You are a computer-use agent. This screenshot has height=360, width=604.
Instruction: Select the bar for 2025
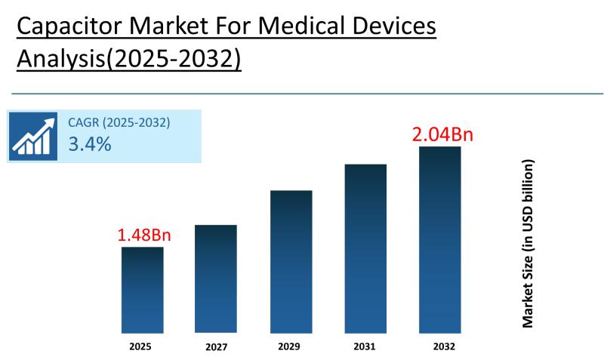click(143, 290)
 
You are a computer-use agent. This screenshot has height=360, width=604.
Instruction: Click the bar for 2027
click(216, 278)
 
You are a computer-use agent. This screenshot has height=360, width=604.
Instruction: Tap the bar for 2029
click(291, 261)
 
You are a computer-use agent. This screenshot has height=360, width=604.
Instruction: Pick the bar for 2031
click(365, 248)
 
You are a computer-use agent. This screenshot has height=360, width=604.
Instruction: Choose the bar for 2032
click(440, 239)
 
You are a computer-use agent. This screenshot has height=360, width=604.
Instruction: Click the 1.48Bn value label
click(144, 235)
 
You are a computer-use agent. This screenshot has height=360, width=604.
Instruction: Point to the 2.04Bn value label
click(442, 134)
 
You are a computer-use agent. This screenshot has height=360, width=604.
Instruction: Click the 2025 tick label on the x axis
click(140, 346)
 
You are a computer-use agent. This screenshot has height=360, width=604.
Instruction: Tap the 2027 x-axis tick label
click(215, 348)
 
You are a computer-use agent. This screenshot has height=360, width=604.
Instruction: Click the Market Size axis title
click(528, 243)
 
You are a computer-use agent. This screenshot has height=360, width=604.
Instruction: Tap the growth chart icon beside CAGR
click(34, 137)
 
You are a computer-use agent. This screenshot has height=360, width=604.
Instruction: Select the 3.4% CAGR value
click(90, 144)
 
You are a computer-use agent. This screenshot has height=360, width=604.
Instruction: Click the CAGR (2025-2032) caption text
click(119, 122)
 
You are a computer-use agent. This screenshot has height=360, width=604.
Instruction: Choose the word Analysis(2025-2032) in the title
click(128, 59)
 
